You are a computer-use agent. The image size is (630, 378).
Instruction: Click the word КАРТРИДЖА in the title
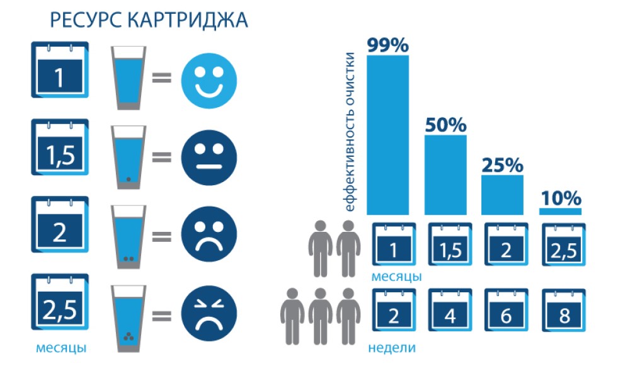click(x=188, y=21)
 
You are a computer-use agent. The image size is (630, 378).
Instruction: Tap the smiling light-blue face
click(x=209, y=81)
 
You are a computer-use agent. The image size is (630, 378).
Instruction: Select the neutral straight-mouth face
click(x=209, y=157)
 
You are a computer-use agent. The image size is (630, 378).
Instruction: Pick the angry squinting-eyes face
click(x=209, y=313)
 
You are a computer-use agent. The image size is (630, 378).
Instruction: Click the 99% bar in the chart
click(x=387, y=135)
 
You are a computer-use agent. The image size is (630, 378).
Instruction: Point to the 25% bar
click(x=502, y=195)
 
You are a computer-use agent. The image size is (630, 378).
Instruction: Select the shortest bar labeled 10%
click(x=560, y=211)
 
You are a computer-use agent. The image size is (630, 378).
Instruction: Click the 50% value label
click(x=445, y=125)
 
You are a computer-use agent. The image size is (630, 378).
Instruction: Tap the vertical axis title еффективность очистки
click(x=350, y=132)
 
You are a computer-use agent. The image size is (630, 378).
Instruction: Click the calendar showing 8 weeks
click(x=564, y=310)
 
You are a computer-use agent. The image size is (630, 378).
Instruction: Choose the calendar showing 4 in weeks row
click(x=450, y=310)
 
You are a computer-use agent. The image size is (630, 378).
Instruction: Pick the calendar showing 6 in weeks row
click(x=507, y=310)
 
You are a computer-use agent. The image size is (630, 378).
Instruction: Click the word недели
click(x=392, y=348)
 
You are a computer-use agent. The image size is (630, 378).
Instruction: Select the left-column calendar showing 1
click(x=60, y=69)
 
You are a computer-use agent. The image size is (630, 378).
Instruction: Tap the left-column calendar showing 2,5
click(x=60, y=302)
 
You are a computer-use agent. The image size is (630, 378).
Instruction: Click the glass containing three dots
click(x=129, y=319)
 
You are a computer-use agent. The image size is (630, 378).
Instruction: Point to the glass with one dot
click(x=129, y=157)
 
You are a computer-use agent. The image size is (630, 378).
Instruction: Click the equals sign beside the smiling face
click(x=161, y=77)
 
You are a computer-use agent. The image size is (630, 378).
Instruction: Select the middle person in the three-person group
click(x=320, y=316)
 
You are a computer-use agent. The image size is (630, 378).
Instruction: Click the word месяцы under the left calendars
click(x=61, y=348)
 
